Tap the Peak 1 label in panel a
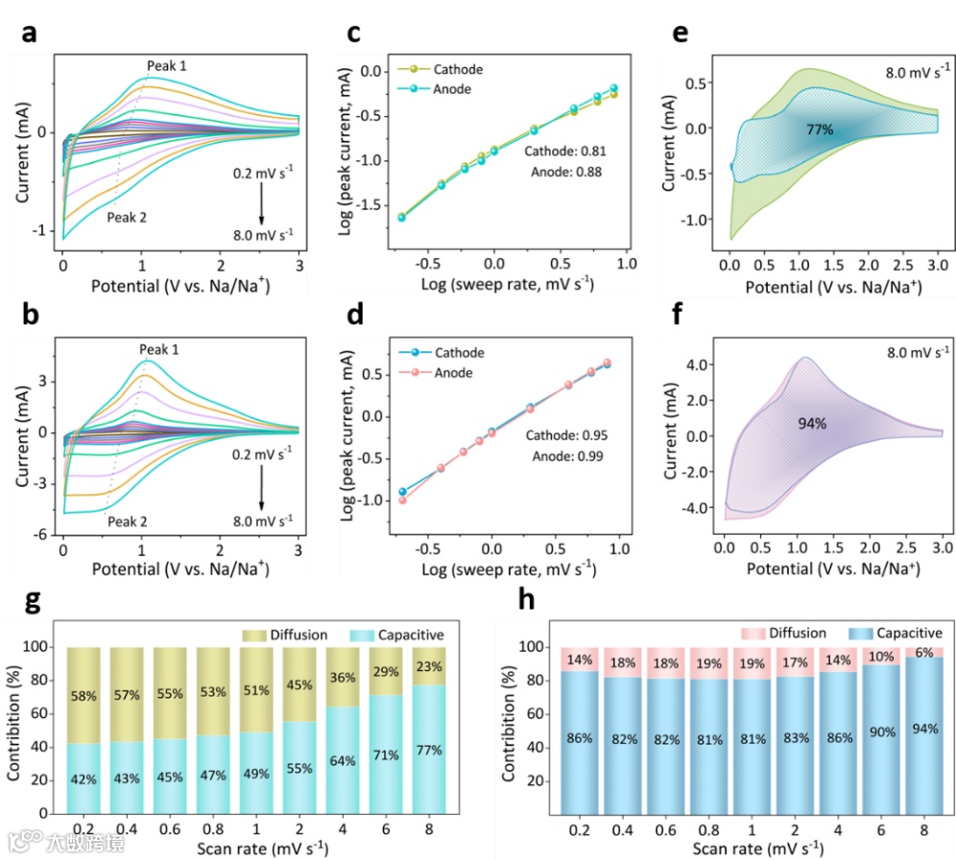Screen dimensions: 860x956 point(166,66)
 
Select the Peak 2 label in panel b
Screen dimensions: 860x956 point(125,521)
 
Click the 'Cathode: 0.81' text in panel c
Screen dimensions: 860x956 point(564,152)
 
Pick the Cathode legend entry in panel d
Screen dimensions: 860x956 point(446,353)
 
